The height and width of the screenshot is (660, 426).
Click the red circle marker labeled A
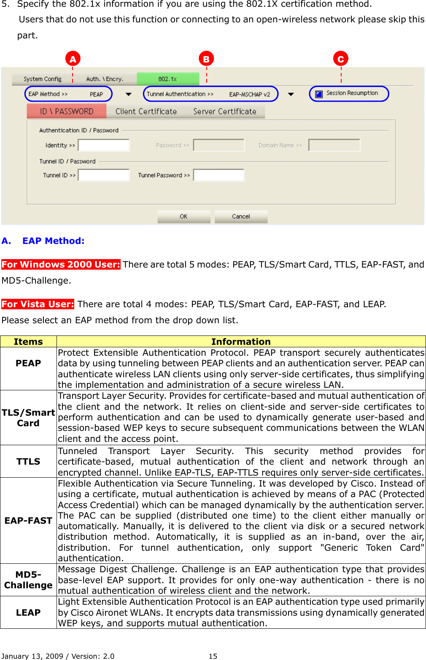click(x=73, y=59)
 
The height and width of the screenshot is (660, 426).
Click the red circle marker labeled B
click(x=206, y=59)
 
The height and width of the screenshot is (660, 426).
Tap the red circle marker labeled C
click(x=340, y=59)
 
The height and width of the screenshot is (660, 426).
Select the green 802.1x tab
click(x=167, y=79)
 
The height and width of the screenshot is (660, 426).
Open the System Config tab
click(x=43, y=79)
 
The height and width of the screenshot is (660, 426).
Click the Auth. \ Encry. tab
click(x=105, y=79)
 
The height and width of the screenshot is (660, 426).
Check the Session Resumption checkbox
click(x=319, y=94)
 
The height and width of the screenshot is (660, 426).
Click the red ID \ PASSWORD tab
click(x=67, y=111)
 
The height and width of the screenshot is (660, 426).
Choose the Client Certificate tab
click(x=146, y=111)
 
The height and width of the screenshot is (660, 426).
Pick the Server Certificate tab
click(x=225, y=111)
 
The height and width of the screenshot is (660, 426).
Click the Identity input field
click(x=104, y=145)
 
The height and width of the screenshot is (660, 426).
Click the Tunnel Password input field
click(x=218, y=175)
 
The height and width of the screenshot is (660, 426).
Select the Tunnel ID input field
click(x=104, y=175)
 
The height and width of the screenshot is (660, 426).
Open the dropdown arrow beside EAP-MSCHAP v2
click(x=291, y=94)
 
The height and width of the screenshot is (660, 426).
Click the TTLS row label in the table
click(x=28, y=462)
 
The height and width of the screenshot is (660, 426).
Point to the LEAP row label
click(x=28, y=612)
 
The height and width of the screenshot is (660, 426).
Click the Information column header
click(x=241, y=341)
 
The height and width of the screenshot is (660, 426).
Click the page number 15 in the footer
click(x=213, y=656)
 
